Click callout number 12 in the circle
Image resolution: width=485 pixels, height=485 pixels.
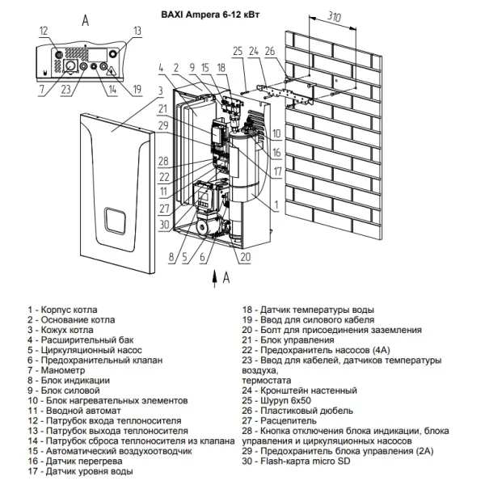point(43,31)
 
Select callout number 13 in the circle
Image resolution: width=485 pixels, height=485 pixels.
point(137,31)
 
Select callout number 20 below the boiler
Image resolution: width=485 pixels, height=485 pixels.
point(244,257)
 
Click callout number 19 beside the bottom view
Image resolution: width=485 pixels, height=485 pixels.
point(137,89)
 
